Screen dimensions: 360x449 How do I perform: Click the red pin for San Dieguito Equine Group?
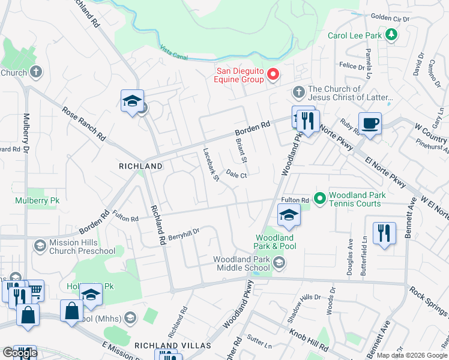point(273,74)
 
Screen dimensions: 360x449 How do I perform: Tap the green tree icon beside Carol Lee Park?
point(391,35)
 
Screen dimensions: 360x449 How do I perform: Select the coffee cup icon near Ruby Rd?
point(370,124)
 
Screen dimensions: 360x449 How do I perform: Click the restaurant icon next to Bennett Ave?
point(384,233)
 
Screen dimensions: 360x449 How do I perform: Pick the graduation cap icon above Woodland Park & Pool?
point(289,215)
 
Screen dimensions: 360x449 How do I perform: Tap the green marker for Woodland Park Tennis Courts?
point(320,197)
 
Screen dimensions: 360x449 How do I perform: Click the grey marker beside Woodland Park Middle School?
point(279,262)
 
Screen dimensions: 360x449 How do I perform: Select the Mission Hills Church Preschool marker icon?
point(40,245)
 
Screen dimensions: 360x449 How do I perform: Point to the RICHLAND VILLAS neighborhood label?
point(172,346)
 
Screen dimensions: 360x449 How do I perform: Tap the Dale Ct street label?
point(237,175)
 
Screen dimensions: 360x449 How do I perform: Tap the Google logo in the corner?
point(20,352)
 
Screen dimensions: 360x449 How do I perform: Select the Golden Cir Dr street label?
point(406,19)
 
